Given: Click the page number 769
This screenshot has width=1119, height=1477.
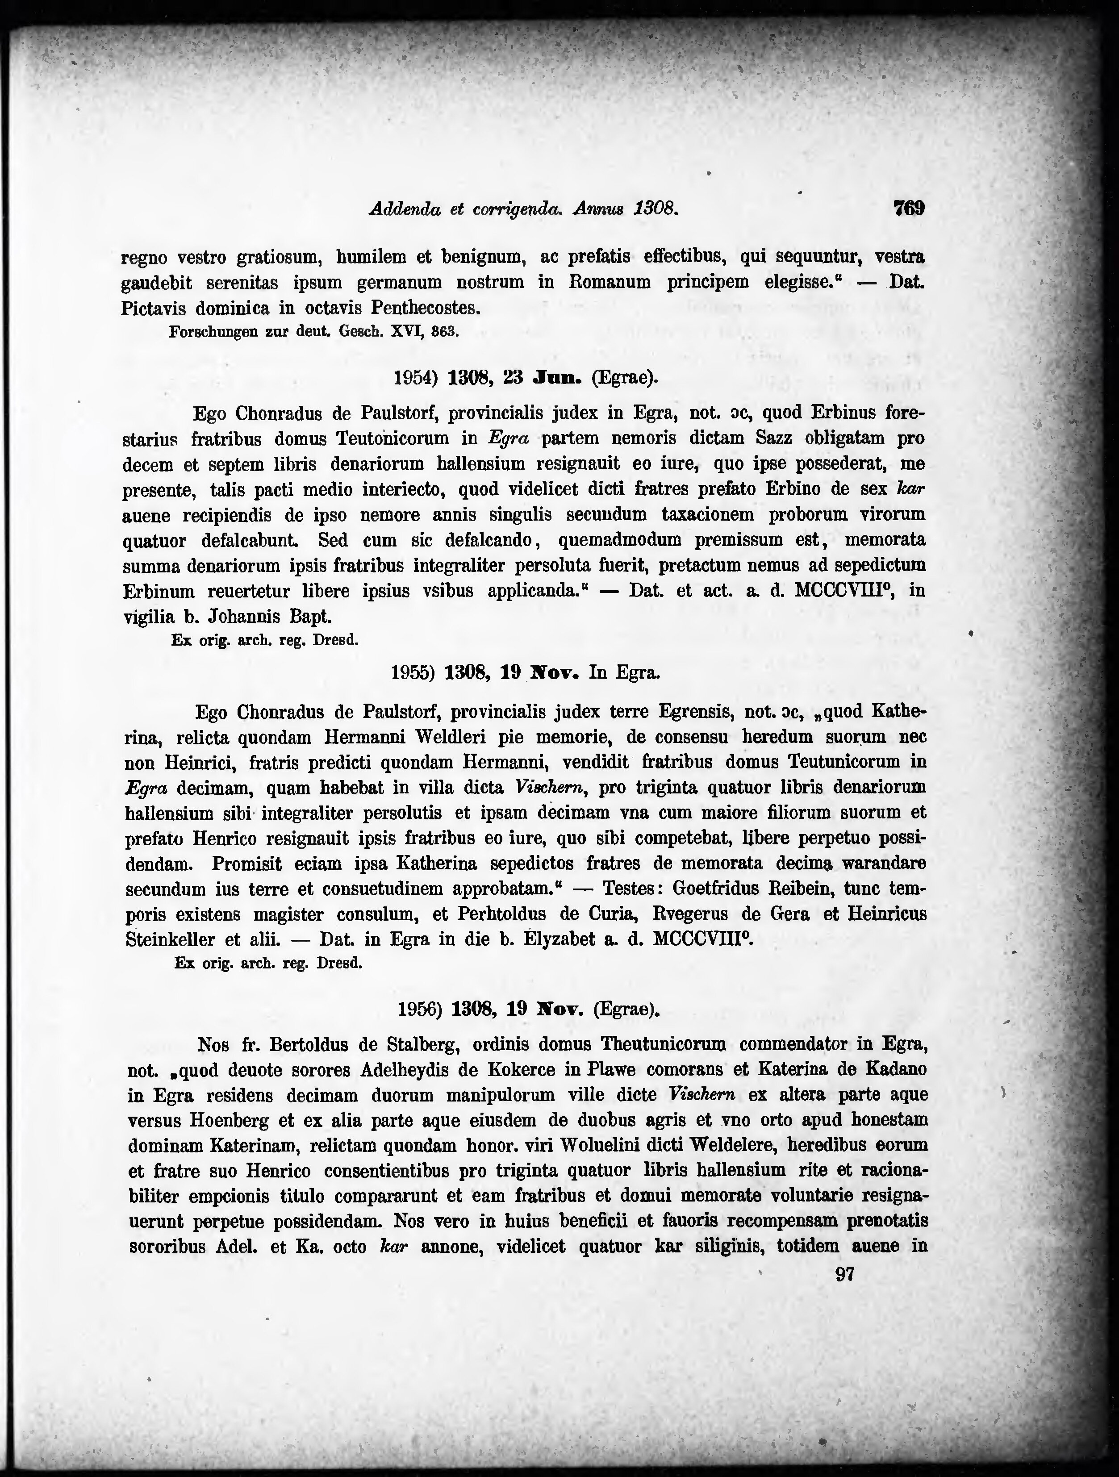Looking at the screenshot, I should pos(909,209).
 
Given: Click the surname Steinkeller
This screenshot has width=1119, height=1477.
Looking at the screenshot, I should pos(170,939).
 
